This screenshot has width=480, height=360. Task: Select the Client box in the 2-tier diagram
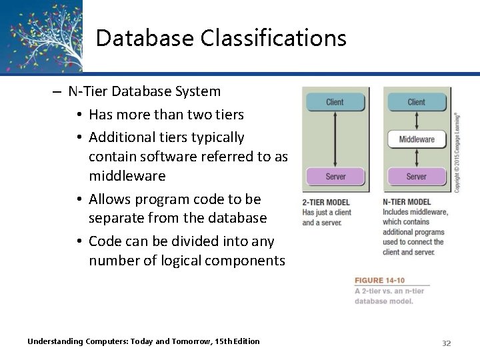coord(335,102)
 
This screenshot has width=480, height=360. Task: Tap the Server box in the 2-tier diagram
coord(335,177)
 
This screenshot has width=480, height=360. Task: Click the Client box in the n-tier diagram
coord(416,102)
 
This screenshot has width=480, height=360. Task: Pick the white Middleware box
coord(416,139)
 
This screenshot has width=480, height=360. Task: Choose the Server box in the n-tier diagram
coord(416,177)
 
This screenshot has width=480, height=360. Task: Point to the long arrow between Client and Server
coord(335,139)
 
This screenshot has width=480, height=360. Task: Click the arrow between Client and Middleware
coord(416,121)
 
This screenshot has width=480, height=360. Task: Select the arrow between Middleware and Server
coord(416,158)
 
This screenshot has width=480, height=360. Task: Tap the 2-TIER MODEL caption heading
coord(326,203)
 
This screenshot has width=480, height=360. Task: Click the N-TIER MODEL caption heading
coord(407,203)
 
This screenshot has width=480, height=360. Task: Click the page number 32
coord(447,343)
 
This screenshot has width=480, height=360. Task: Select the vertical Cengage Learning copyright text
coord(457,152)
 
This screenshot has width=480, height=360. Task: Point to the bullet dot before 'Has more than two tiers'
coord(79,115)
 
